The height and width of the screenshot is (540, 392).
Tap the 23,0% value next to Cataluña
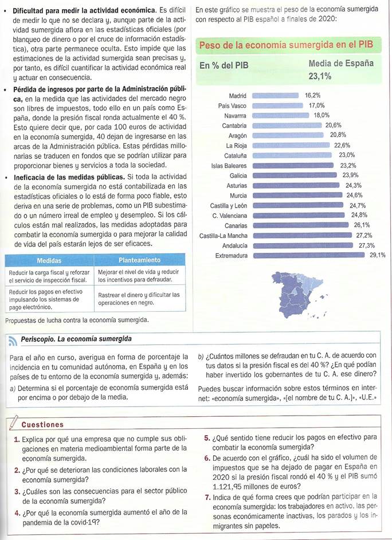click(x=347, y=155)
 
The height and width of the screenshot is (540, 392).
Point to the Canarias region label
click(x=236, y=225)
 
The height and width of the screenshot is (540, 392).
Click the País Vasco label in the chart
click(x=232, y=105)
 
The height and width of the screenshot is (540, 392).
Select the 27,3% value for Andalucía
click(x=367, y=245)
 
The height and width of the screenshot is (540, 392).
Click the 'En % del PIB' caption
click(x=224, y=65)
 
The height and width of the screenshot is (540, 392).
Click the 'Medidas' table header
click(x=49, y=260)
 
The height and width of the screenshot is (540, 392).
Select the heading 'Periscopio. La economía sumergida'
click(x=76, y=339)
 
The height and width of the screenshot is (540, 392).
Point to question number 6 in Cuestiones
click(x=207, y=458)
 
